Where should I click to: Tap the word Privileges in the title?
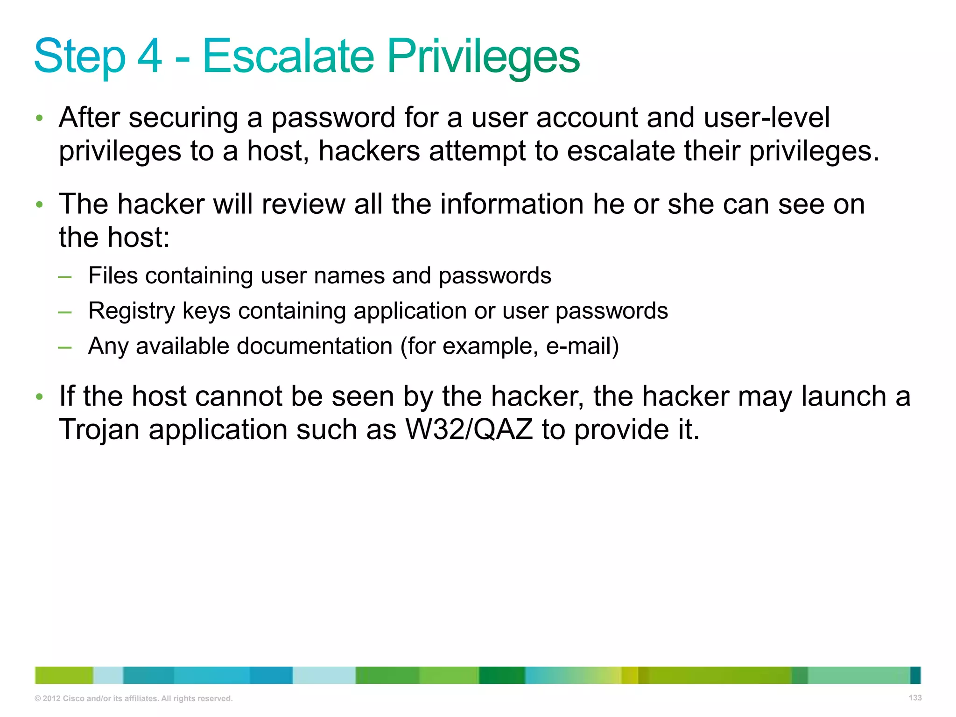click(x=484, y=57)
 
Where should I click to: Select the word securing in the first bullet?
click(x=183, y=118)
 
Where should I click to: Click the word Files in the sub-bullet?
click(x=113, y=275)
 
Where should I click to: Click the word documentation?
click(x=315, y=346)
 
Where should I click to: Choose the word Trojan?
click(x=99, y=429)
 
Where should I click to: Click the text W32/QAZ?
click(x=469, y=429)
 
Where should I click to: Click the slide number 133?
click(x=915, y=698)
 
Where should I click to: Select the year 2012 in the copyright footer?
click(x=51, y=699)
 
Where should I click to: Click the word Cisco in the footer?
click(x=73, y=699)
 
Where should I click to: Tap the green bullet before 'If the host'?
click(x=40, y=397)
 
